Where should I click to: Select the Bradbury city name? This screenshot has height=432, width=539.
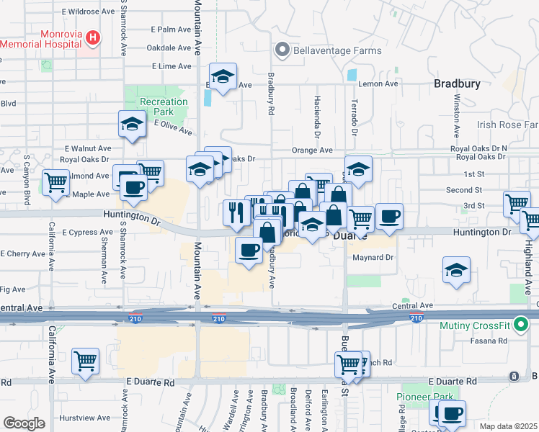click(x=457, y=84)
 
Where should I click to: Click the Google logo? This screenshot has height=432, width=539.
click(x=24, y=423)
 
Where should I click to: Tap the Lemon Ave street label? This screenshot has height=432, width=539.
click(x=379, y=84)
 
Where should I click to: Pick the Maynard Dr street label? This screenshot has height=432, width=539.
click(x=371, y=258)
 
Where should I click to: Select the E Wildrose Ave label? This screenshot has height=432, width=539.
click(x=88, y=12)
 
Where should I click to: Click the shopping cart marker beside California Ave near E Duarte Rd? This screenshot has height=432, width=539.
click(x=85, y=361)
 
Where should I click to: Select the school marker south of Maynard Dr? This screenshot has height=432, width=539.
click(x=456, y=271)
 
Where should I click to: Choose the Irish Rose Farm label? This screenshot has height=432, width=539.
click(x=507, y=125)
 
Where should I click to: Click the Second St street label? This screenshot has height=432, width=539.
click(x=463, y=190)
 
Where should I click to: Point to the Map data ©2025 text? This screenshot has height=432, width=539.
click(x=509, y=426)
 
